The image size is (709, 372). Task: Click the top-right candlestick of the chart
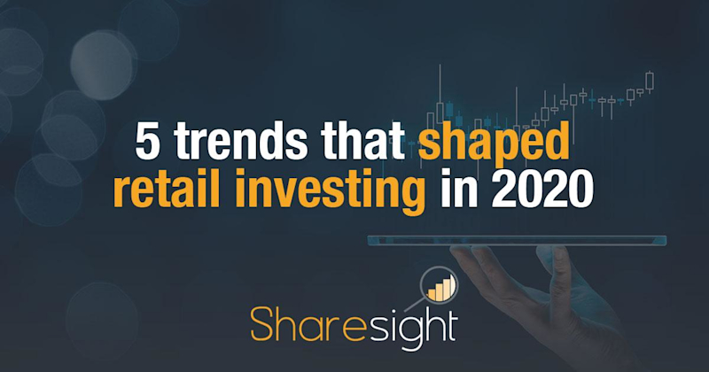tap(650, 81)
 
